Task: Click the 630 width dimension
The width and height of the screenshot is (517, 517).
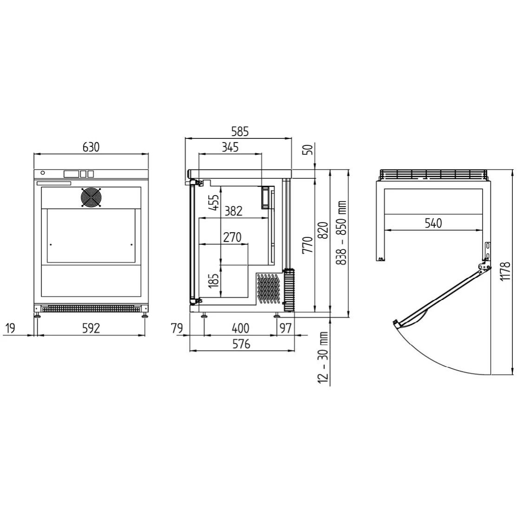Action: [x=91, y=147]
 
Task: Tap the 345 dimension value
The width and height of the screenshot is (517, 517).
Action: [x=230, y=148]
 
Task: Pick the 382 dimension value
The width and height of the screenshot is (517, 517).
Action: [x=233, y=211]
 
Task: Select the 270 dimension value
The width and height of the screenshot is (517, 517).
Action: [x=232, y=237]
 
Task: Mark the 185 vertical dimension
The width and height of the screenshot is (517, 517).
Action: [x=214, y=280]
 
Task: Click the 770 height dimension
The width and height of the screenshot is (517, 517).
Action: [x=307, y=245]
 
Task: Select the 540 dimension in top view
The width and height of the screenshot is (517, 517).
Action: [x=433, y=223]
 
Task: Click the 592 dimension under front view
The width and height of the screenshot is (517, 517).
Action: [x=91, y=328]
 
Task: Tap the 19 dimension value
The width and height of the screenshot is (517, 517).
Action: [x=10, y=328]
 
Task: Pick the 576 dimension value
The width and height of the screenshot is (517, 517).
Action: [x=242, y=344]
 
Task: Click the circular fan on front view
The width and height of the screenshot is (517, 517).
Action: [x=91, y=198]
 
